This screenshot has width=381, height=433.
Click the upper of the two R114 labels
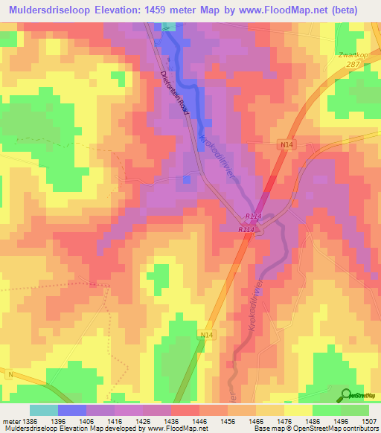coord(252,216)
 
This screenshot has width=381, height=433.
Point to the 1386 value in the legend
coord(34,420)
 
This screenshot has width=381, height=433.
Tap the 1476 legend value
coord(284,420)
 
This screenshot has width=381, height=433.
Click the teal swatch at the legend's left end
coord(43,410)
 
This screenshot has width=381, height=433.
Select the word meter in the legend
coord(13,420)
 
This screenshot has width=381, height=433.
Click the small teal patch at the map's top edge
coord(169,27)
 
